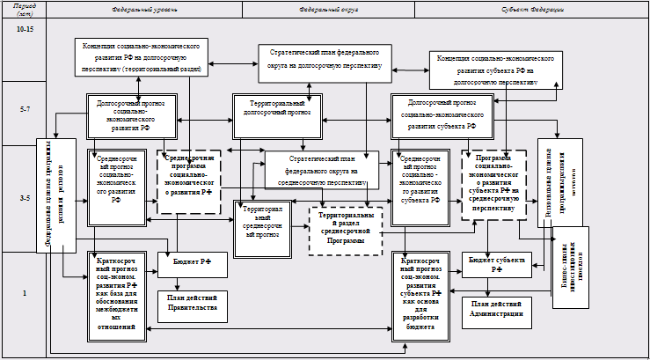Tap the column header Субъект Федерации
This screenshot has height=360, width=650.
click(x=527, y=9)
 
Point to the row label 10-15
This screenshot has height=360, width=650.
click(x=25, y=29)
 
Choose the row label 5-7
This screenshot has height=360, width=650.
click(x=25, y=110)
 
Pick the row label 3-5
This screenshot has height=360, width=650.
click(x=25, y=199)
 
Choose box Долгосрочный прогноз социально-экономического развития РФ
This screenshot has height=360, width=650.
click(x=133, y=114)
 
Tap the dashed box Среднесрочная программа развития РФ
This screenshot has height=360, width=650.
click(x=188, y=182)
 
